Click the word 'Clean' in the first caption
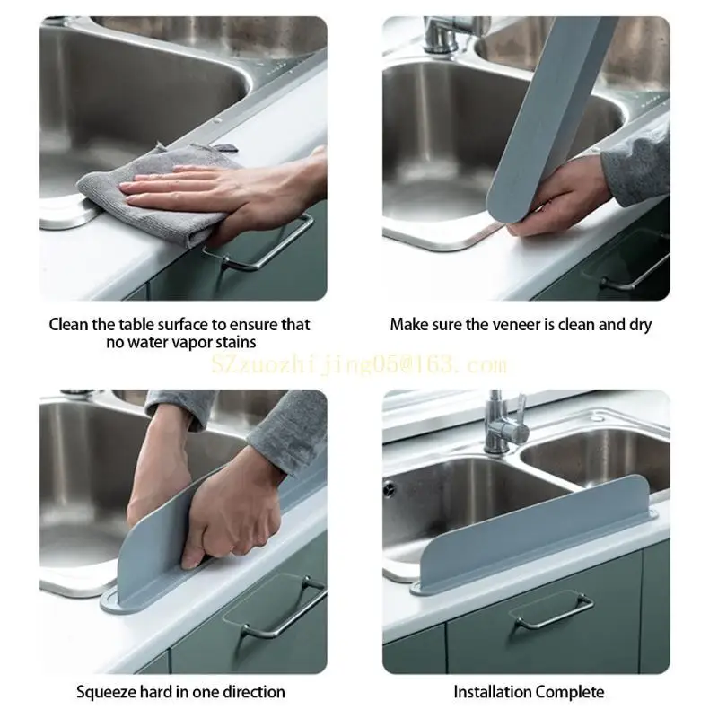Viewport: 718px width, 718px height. click(68, 324)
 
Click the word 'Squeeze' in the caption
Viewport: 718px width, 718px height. click(107, 691)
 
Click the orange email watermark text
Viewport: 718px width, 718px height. click(359, 364)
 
